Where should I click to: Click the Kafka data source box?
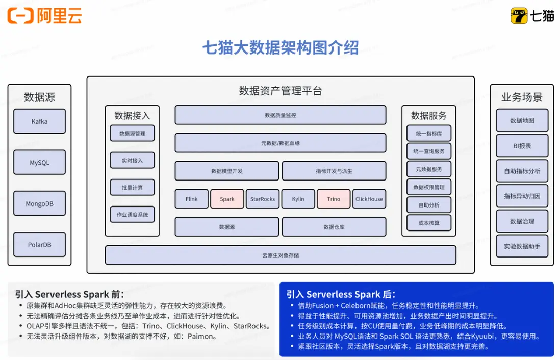40,121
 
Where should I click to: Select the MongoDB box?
40,203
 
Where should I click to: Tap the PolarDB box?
40,245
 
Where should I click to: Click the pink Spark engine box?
227,199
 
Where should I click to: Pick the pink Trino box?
334,199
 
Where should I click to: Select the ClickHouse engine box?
369,199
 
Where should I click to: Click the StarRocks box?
263,199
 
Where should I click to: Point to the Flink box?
191,199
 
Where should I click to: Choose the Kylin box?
298,199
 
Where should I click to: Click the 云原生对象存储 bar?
281,255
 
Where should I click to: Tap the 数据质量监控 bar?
281,115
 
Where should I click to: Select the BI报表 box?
522,146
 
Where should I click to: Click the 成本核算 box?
429,223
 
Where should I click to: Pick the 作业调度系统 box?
132,214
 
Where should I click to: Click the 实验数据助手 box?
522,246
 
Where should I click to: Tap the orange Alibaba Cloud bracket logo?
20,16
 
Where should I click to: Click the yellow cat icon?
519,16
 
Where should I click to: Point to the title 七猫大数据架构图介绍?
281,47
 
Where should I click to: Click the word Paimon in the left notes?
200,336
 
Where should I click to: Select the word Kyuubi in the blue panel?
482,336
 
